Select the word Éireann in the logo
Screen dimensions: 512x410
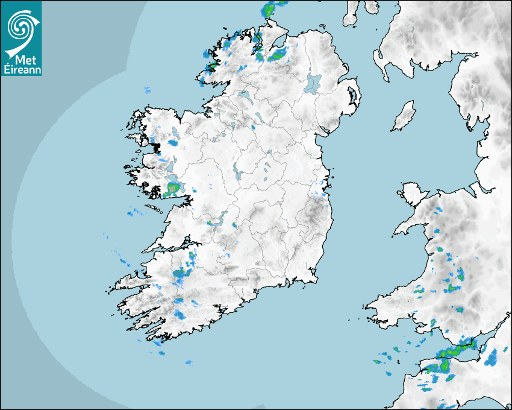click(21, 70)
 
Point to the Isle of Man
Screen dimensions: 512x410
click(404, 116)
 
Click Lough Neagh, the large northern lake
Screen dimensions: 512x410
click(314, 83)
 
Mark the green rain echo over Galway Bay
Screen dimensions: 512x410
click(172, 189)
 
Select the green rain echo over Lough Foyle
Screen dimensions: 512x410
click(276, 55)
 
